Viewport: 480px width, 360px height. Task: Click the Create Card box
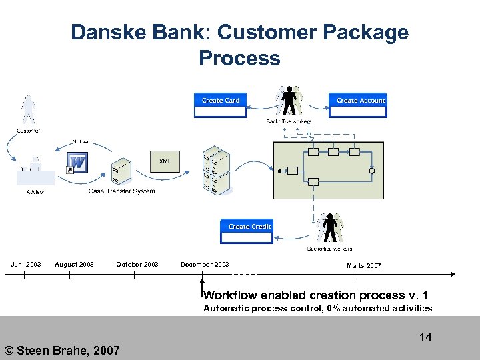coord(221,105)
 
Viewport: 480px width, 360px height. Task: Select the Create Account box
coord(358,105)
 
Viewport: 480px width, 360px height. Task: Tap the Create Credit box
coord(247,231)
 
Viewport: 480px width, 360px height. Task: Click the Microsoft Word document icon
coord(77,163)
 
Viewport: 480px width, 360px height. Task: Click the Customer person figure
coord(28,110)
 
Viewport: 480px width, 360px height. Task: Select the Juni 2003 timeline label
coord(25,265)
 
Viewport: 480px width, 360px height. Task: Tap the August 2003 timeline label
coord(74,265)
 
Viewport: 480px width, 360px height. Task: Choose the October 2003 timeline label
coord(137,265)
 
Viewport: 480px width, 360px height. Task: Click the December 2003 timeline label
coord(205,265)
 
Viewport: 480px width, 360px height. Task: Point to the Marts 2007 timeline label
coord(364,266)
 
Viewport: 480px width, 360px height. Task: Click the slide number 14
coord(425,337)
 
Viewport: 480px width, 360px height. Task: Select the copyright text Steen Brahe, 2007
coord(62,350)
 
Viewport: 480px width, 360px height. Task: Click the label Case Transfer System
coord(121,191)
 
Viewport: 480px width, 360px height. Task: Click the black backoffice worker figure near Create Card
coord(289,102)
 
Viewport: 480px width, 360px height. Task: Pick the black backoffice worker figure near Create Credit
coord(330,229)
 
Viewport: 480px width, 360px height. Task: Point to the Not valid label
coord(83,141)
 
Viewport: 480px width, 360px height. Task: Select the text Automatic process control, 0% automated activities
coord(317,308)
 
